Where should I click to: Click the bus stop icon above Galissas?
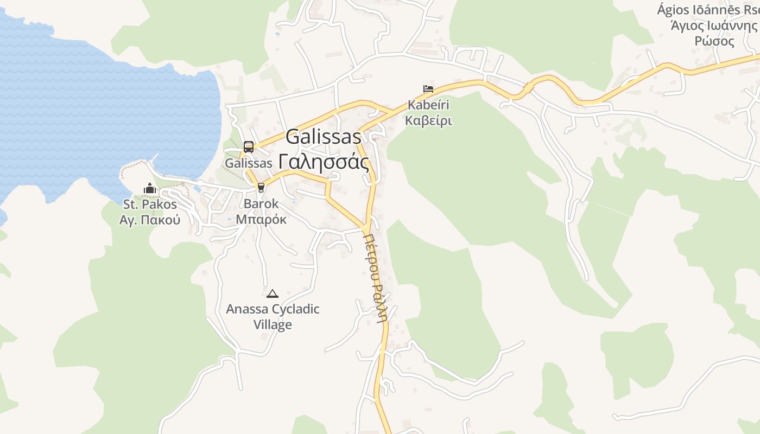[249, 146]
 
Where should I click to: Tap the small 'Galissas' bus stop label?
[248, 163]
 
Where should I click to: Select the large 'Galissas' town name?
[323, 137]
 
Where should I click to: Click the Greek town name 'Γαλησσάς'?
[324, 161]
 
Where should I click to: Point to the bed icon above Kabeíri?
[428, 89]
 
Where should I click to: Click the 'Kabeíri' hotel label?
[428, 105]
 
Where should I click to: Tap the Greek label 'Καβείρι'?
[428, 120]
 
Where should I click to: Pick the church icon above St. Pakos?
[150, 189]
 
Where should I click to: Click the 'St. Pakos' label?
[150, 205]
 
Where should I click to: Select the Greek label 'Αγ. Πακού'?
[150, 220]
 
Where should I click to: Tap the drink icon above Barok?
[261, 188]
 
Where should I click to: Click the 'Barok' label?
[261, 204]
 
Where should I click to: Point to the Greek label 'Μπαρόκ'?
[261, 220]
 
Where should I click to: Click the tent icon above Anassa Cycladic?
[273, 293]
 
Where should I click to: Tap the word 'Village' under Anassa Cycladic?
[273, 325]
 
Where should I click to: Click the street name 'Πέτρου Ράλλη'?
[376, 277]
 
